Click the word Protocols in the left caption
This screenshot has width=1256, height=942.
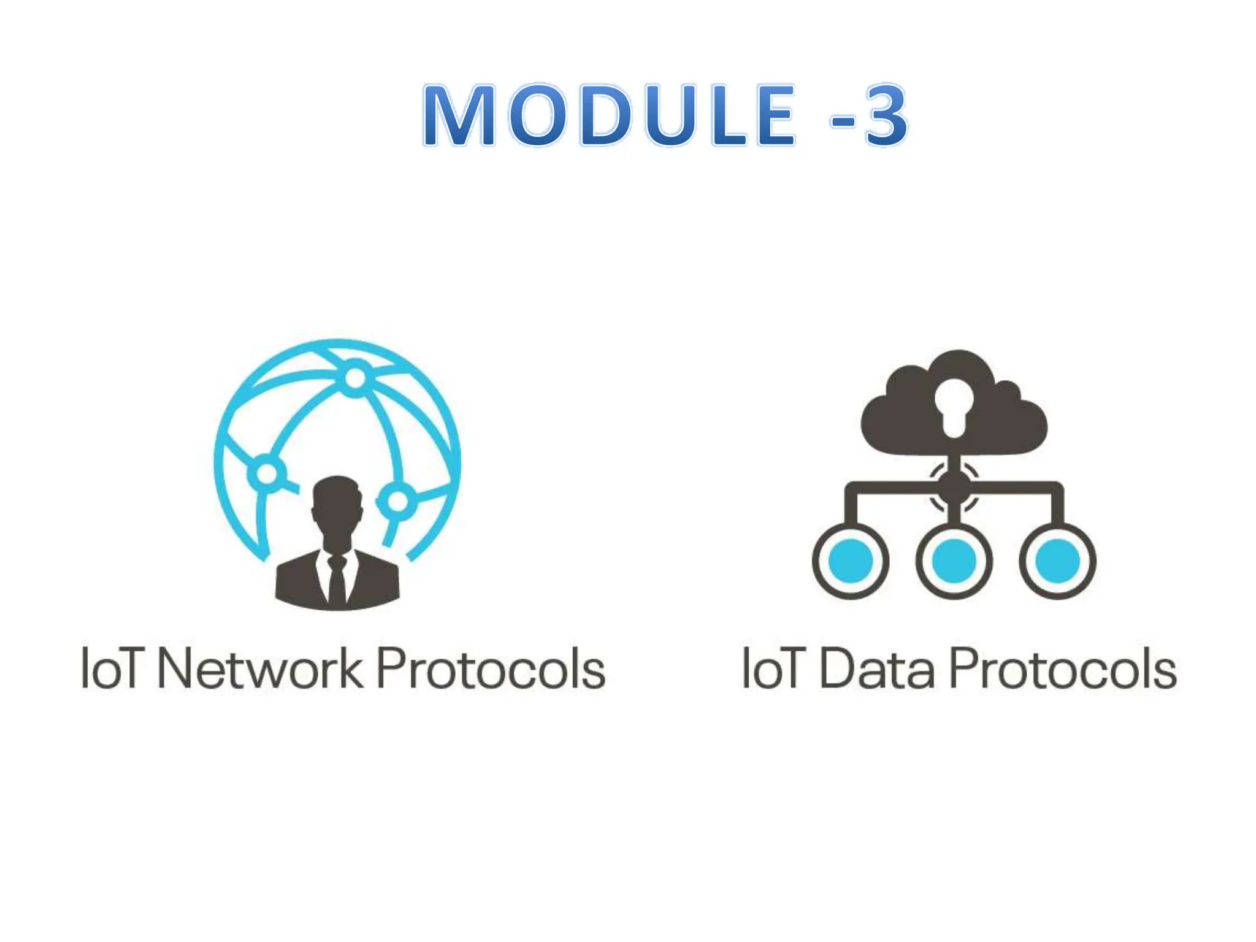[x=491, y=668]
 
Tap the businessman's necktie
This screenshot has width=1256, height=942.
[x=336, y=580]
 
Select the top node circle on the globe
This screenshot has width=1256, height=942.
[x=354, y=378]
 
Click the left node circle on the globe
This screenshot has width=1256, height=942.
[x=266, y=473]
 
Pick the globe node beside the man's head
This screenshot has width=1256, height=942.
[x=397, y=501]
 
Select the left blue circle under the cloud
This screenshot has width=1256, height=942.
[x=851, y=561]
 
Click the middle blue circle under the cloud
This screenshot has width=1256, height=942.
[x=954, y=561]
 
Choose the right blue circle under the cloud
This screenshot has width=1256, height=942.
[x=1057, y=561]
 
